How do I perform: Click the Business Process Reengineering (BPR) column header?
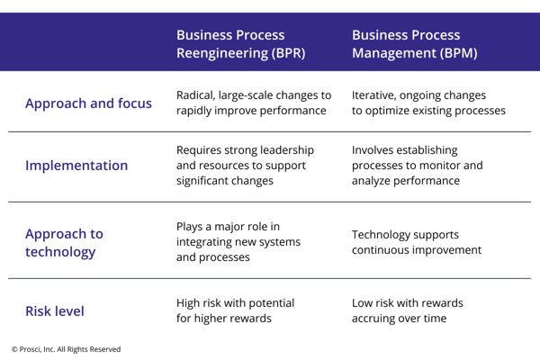pos(241,43)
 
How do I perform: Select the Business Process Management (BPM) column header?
pos(414,43)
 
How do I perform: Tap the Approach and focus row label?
pos(87,103)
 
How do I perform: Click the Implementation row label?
pos(76,166)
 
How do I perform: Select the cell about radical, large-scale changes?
pos(254,103)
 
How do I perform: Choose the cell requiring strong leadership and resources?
pos(246,166)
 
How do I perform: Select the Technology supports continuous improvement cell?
pos(416,242)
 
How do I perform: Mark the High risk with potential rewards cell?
pos(235,311)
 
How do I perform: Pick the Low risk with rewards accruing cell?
pos(408,311)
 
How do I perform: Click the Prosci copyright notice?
pos(66,349)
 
